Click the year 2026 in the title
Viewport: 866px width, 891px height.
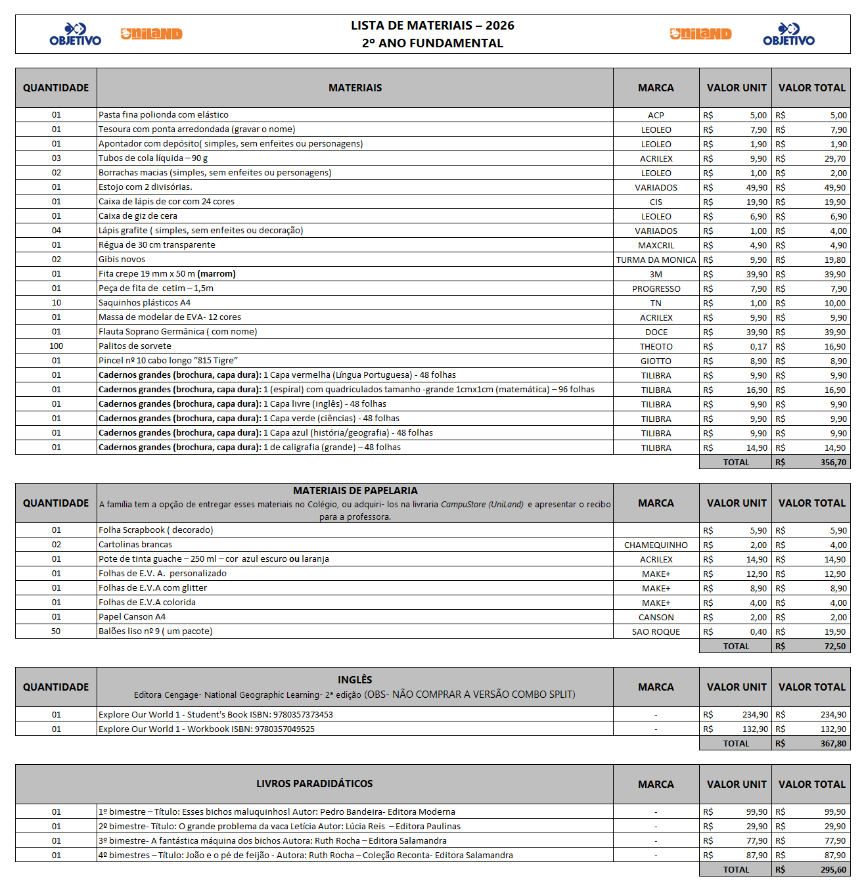point(500,26)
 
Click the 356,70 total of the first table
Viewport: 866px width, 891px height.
point(833,463)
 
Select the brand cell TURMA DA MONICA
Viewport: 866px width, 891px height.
point(656,260)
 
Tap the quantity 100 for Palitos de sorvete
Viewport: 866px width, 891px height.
point(57,346)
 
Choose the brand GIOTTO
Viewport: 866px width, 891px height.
point(656,361)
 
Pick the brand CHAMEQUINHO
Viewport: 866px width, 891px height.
point(656,545)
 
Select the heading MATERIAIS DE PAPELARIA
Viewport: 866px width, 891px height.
point(355,491)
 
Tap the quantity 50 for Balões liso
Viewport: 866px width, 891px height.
point(56,631)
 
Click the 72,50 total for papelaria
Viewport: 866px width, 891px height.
point(834,647)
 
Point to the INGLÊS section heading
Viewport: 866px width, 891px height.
point(355,680)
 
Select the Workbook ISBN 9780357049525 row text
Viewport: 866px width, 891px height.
point(206,729)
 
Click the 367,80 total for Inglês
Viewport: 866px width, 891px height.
point(833,744)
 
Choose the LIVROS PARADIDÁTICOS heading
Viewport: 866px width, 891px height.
point(314,784)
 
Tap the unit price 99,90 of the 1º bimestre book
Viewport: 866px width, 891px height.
point(756,812)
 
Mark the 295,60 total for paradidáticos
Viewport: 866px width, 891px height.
point(833,870)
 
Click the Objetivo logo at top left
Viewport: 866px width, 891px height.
point(76,34)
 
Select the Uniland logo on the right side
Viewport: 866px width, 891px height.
point(700,34)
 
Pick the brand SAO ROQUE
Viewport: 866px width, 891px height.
point(656,632)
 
